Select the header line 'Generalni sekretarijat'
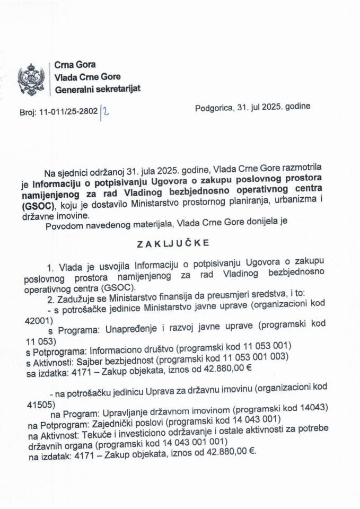[98, 89]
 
